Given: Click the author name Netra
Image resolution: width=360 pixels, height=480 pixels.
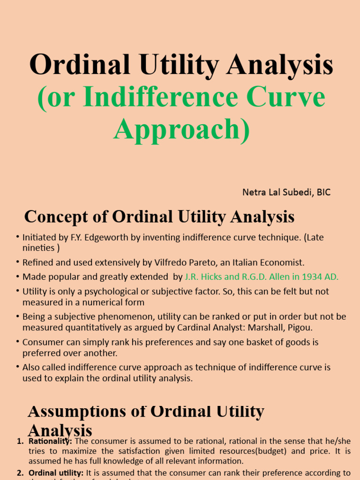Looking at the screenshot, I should coord(254,192).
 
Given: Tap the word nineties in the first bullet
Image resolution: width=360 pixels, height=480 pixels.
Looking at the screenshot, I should coord(38,248).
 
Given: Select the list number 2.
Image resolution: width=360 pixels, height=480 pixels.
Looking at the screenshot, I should coord(20,472).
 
